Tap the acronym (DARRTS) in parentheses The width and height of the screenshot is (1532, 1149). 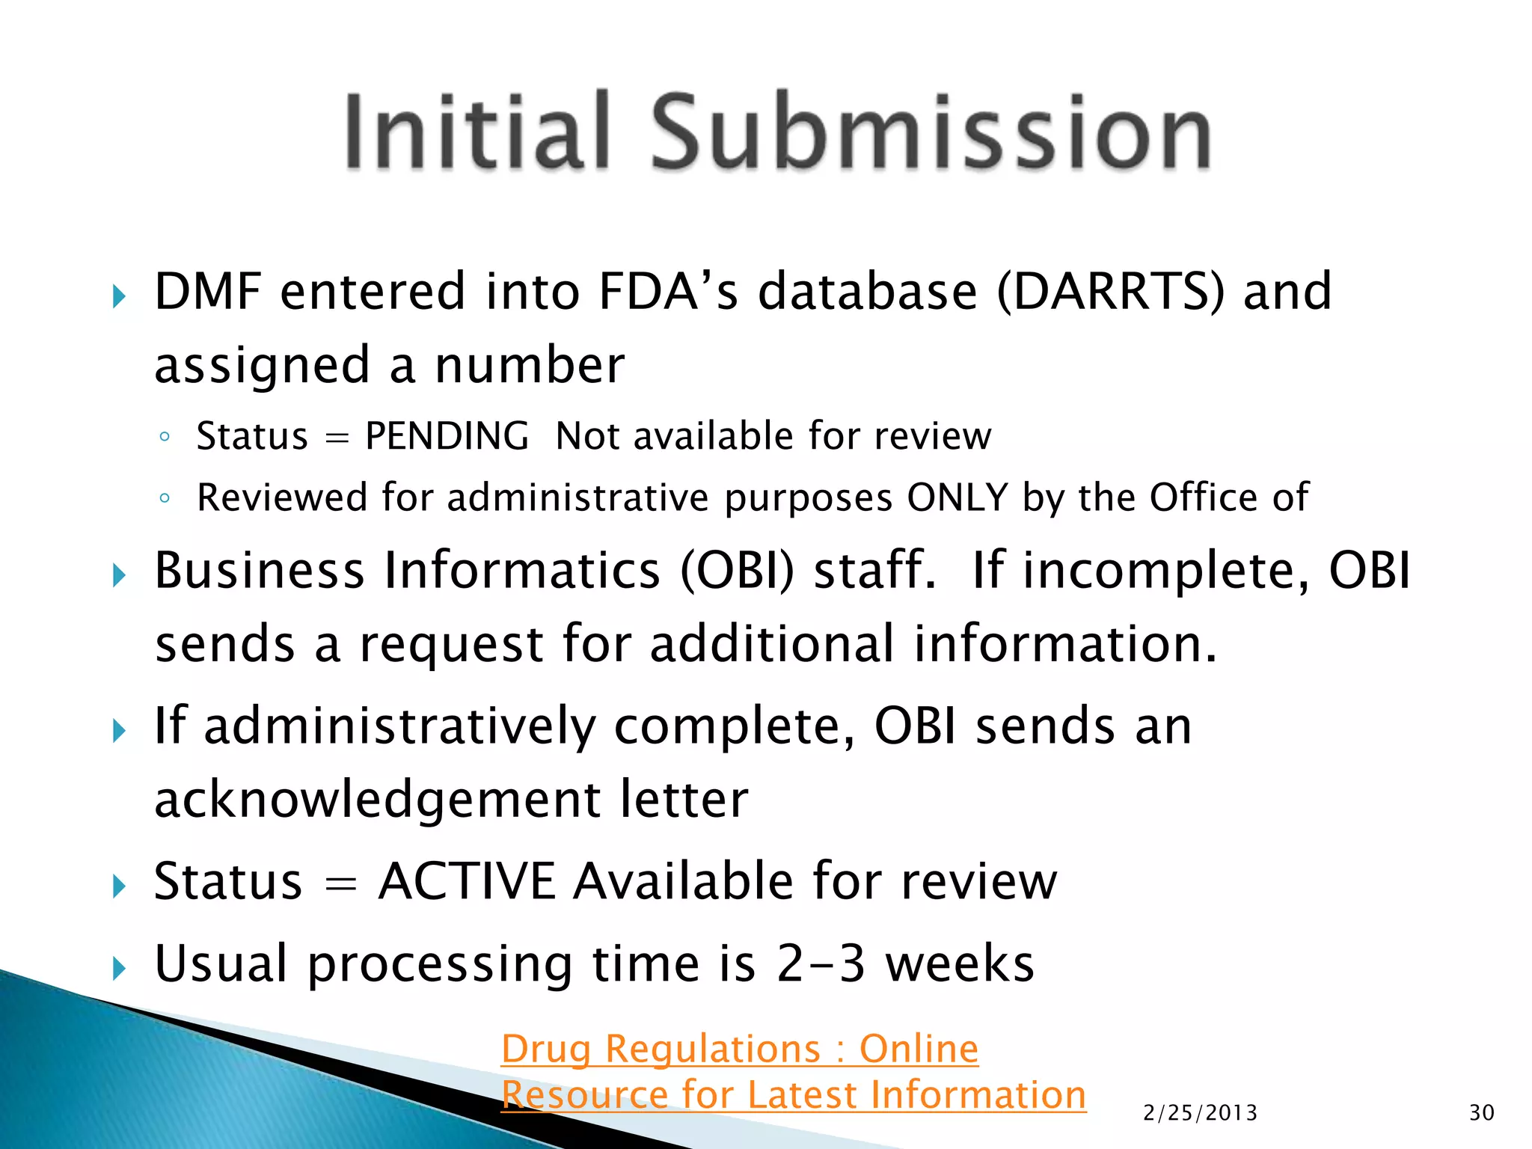(x=1111, y=291)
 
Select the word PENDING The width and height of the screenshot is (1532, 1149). (x=447, y=436)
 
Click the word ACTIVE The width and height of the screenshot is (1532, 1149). (x=467, y=881)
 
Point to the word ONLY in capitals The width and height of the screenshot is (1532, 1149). (x=957, y=497)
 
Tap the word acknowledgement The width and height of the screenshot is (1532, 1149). (x=377, y=800)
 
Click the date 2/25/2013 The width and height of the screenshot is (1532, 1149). (x=1200, y=1113)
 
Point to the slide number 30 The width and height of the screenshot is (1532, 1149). (x=1481, y=1113)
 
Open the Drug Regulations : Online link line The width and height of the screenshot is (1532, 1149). (x=739, y=1049)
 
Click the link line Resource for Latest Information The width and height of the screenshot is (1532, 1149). (x=793, y=1095)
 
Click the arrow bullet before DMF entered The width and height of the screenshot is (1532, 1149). (x=119, y=296)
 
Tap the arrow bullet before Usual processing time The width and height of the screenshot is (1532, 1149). (x=119, y=969)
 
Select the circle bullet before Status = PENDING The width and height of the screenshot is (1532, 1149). (x=165, y=437)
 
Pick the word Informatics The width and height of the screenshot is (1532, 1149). (x=522, y=571)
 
